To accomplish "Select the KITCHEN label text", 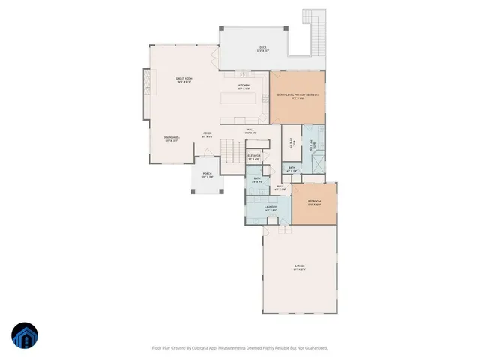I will [244, 87].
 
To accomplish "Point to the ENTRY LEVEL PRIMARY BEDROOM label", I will [298, 96].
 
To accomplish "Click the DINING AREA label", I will [172, 138].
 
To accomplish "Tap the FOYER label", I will [207, 135].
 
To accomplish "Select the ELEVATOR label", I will [253, 157].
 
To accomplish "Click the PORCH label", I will [207, 176].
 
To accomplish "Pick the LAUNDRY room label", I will [271, 209].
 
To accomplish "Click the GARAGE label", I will [299, 267].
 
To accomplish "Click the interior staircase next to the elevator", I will [233, 154].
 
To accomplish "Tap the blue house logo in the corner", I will [25, 336].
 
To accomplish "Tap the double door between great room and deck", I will [217, 58].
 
